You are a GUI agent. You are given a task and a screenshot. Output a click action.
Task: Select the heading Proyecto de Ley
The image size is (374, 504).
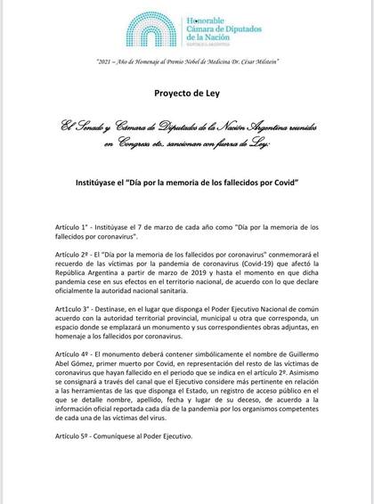(x=187, y=93)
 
